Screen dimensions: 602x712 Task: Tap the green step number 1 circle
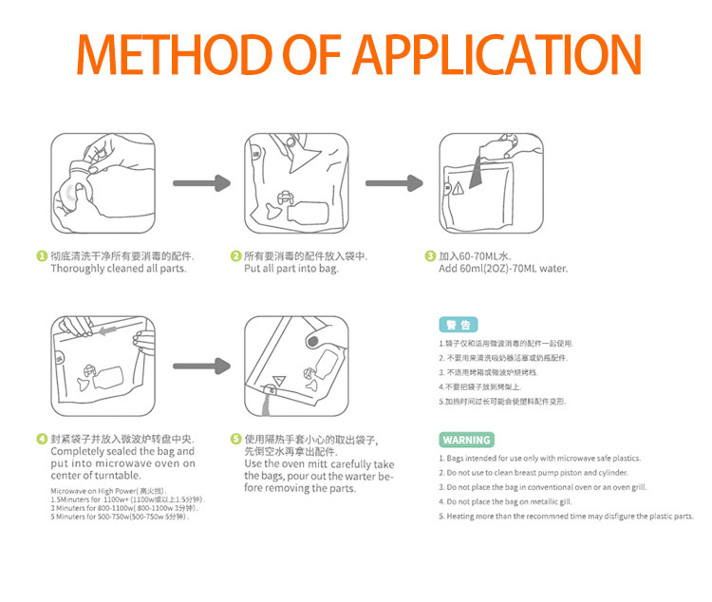(42, 256)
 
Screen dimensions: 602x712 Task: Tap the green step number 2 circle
(235, 256)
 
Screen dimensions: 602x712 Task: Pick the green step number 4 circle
(42, 440)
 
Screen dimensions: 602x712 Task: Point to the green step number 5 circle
(235, 440)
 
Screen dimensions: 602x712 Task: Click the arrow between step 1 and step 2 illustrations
(201, 182)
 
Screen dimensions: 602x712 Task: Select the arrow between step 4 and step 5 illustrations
(201, 366)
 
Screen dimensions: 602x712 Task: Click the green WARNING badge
(466, 440)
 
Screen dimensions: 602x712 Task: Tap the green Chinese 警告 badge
(458, 324)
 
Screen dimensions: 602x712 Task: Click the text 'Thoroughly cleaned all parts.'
(118, 269)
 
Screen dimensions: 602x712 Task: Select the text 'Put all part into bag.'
(291, 269)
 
